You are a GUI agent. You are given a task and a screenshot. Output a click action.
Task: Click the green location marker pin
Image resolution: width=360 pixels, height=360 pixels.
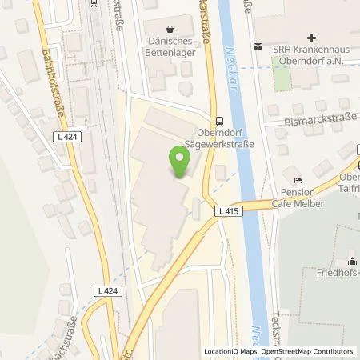click(181, 162)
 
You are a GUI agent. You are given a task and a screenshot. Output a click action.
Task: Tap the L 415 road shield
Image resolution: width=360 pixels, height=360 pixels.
click(226, 210)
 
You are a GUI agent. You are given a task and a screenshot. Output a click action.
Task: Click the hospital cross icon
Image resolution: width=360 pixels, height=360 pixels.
click(311, 38)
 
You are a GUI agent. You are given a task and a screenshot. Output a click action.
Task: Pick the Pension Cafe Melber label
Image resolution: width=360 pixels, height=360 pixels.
click(302, 198)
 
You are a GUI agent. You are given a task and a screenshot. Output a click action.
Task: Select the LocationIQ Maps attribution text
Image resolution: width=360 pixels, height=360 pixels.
click(229, 351)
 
